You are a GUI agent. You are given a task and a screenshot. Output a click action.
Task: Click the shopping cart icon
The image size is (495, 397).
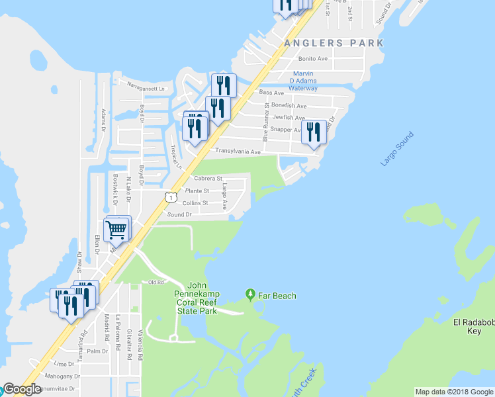click(x=116, y=230)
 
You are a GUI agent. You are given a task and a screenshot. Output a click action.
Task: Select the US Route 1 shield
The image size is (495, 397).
click(x=171, y=197)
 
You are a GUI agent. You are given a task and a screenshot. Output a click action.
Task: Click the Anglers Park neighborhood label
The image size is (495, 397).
click(x=334, y=43)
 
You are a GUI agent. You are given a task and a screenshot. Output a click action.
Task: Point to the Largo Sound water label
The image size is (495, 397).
click(x=397, y=150)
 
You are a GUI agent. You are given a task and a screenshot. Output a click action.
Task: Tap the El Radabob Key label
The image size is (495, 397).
click(x=473, y=326)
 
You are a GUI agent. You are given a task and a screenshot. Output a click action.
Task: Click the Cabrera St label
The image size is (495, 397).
click(x=208, y=179)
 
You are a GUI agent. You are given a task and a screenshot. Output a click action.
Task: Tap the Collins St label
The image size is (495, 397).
click(x=195, y=203)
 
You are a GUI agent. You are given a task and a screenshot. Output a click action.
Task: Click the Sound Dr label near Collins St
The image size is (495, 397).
click(x=179, y=214)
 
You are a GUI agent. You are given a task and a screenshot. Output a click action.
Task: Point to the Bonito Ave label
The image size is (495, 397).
click(x=313, y=59)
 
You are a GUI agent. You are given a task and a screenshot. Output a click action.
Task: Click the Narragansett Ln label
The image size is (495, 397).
click(x=146, y=87)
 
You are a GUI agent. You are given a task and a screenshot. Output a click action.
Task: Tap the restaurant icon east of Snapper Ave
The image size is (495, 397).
click(x=312, y=132)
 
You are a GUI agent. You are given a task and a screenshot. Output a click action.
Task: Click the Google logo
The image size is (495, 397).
click(x=22, y=389)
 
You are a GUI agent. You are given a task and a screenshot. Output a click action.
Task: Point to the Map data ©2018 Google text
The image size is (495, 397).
click(x=453, y=392)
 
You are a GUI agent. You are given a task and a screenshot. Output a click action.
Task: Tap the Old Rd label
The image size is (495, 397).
click(x=156, y=283)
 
